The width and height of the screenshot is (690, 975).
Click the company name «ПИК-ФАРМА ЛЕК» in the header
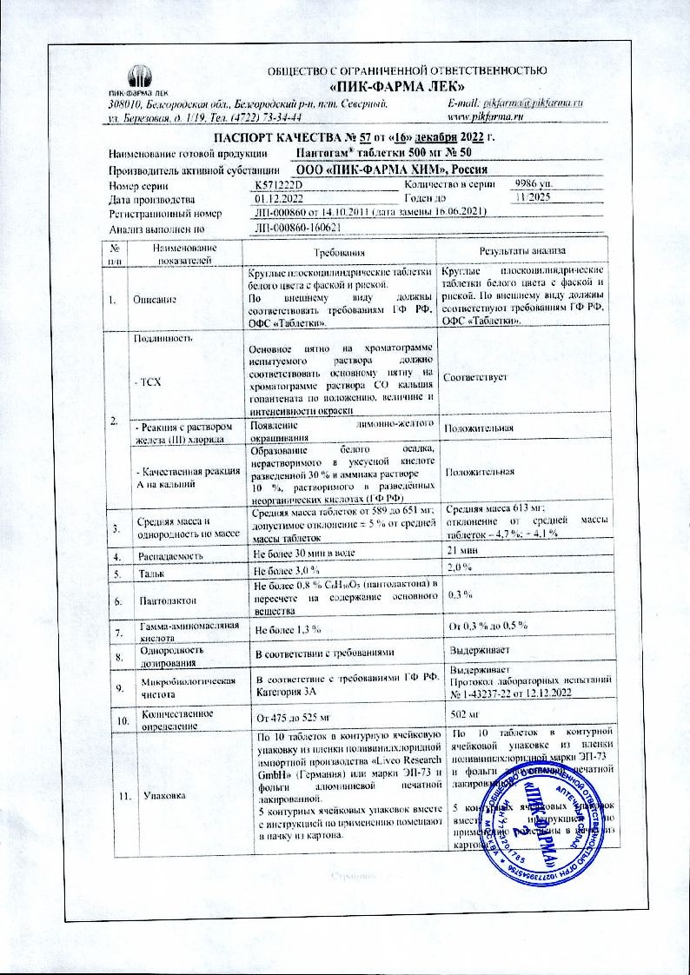point(399,87)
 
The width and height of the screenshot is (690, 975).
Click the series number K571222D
point(277,185)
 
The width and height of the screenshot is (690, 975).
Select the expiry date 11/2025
point(532,199)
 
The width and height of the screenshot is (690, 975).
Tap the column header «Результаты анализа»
point(535,250)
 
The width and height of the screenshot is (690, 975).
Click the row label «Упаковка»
point(156,794)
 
